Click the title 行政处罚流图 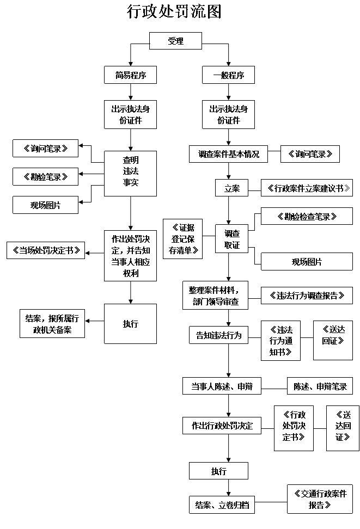pyautogui.click(x=174, y=12)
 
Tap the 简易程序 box pyautogui.click(x=130, y=75)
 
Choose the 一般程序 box pyautogui.click(x=228, y=75)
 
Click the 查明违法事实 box pyautogui.click(x=130, y=174)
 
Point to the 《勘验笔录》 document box pyautogui.click(x=46, y=176)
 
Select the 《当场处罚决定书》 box pyautogui.click(x=46, y=250)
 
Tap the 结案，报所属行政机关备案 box pyautogui.click(x=52, y=323)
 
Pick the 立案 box pyautogui.click(x=231, y=188)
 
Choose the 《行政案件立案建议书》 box pyautogui.click(x=307, y=188)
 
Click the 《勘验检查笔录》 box pyautogui.click(x=307, y=216)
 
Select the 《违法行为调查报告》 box pyautogui.click(x=307, y=296)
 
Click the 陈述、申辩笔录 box pyautogui.click(x=320, y=386)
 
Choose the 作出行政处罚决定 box pyautogui.click(x=222, y=425)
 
